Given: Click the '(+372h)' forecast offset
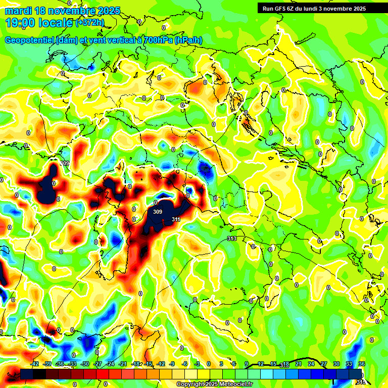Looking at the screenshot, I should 90,23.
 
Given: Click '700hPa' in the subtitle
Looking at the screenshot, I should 158,40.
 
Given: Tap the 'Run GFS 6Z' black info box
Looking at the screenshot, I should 319,9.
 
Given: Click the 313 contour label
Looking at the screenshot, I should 232,238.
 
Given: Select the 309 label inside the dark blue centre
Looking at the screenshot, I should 158,212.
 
